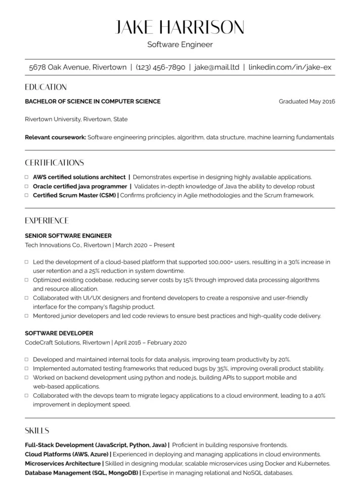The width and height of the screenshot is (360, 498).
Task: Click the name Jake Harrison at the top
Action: click(180, 27)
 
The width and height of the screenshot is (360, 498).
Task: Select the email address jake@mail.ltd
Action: click(216, 67)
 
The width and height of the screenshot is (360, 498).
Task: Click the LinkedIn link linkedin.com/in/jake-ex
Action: click(289, 67)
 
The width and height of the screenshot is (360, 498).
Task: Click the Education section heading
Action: click(46, 87)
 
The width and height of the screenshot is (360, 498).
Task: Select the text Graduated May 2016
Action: click(307, 101)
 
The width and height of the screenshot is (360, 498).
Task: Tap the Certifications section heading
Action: click(54, 163)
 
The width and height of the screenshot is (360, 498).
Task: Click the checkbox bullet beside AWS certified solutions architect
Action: click(27, 177)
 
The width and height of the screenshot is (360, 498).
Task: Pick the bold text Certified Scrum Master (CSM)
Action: click(74, 195)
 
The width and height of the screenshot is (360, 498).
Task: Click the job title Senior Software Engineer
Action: click(68, 236)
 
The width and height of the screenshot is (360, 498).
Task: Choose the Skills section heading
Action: click(37, 431)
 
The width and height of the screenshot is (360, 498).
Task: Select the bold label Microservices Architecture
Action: click(63, 463)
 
